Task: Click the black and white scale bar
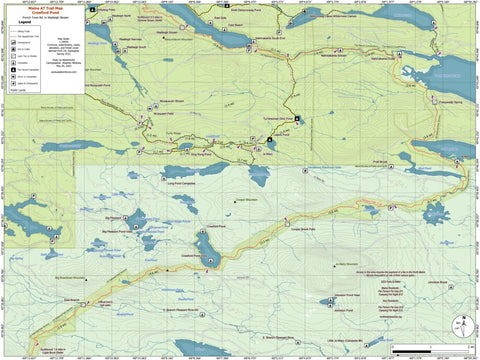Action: (x=419, y=351)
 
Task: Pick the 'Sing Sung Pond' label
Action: (x=205, y=155)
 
